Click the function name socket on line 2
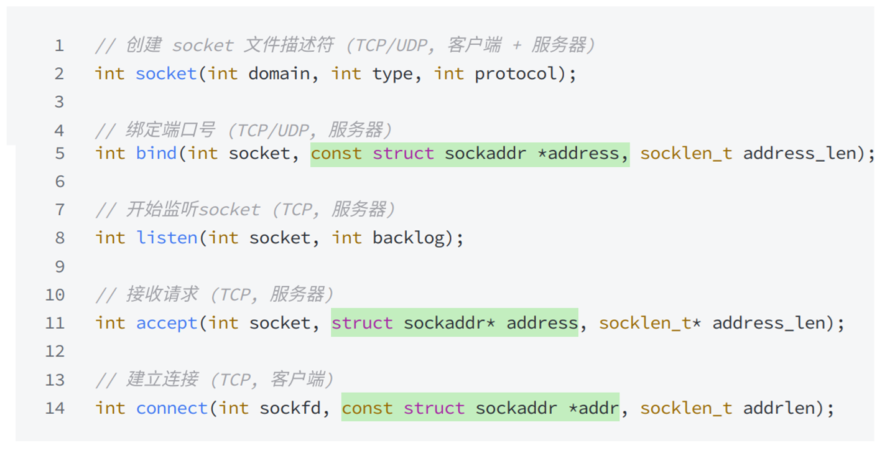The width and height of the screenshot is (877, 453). (166, 74)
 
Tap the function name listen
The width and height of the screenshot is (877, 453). (166, 238)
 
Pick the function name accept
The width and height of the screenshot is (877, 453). (166, 323)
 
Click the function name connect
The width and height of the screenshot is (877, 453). (172, 408)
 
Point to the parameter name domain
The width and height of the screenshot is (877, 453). (279, 74)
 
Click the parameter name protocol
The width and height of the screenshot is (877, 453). (516, 74)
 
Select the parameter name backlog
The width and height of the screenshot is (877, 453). (408, 238)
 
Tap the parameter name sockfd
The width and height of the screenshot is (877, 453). (290, 408)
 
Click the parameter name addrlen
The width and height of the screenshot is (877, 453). (779, 408)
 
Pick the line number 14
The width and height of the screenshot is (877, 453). (55, 408)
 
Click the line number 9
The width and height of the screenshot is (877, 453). (60, 266)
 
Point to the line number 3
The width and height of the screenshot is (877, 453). (60, 101)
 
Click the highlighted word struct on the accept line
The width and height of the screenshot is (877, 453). (362, 323)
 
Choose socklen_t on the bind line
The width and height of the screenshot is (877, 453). (686, 153)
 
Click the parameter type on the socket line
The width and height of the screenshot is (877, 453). (392, 74)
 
